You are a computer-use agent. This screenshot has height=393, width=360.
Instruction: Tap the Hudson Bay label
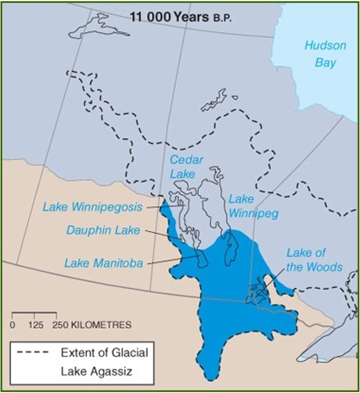pos(325,54)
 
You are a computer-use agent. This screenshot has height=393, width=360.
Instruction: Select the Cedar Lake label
pos(182,166)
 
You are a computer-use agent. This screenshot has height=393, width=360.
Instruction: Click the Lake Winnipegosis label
pos(92,207)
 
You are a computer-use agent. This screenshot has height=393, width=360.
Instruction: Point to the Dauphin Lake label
pos(103,230)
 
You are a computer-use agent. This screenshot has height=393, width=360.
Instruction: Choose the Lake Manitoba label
pos(103,263)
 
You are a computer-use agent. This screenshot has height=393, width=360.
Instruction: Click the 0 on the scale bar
pos(12,325)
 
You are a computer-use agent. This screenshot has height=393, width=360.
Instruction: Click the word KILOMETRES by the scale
pos(99,325)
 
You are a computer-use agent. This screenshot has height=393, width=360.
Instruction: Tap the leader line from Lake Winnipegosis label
pos(166,207)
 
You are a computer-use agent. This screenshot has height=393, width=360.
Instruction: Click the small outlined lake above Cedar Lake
pos(214,101)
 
